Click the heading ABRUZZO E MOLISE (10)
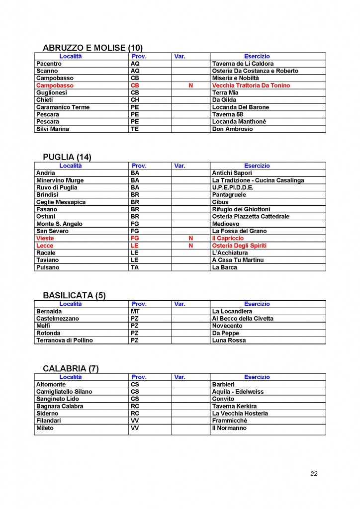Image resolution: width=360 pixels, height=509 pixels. tap(93, 48)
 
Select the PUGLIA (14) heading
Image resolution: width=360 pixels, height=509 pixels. tap(67, 157)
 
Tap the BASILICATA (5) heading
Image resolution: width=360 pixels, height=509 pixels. tap(74, 295)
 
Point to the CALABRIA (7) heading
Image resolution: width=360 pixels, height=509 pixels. tap(71, 368)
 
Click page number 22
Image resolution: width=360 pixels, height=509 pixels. tap(314, 473)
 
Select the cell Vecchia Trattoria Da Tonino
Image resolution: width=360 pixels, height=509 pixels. tap(251, 85)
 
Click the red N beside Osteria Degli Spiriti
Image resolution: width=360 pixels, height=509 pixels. tap(190, 246)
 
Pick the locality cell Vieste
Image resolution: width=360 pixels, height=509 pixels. tap(45, 238)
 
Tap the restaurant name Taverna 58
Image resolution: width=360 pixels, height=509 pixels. tap(228, 114)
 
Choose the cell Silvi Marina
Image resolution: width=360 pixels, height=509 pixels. tap(53, 129)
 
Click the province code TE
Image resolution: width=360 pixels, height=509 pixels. tap(134, 129)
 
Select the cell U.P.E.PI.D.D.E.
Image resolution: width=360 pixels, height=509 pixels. tap(233, 187)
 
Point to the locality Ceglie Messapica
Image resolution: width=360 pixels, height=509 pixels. tap(61, 202)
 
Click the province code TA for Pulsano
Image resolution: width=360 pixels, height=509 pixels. tap(134, 267)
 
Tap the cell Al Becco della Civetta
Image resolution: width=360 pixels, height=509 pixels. tap(243, 319)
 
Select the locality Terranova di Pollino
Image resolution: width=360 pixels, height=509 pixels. tap(65, 340)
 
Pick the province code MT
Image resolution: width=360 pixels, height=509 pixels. tap(135, 311)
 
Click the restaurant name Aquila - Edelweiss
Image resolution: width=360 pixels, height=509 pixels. tap(238, 392)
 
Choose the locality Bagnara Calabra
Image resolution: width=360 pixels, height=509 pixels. tap(59, 406)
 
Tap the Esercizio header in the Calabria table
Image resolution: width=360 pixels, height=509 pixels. tap(257, 377)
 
